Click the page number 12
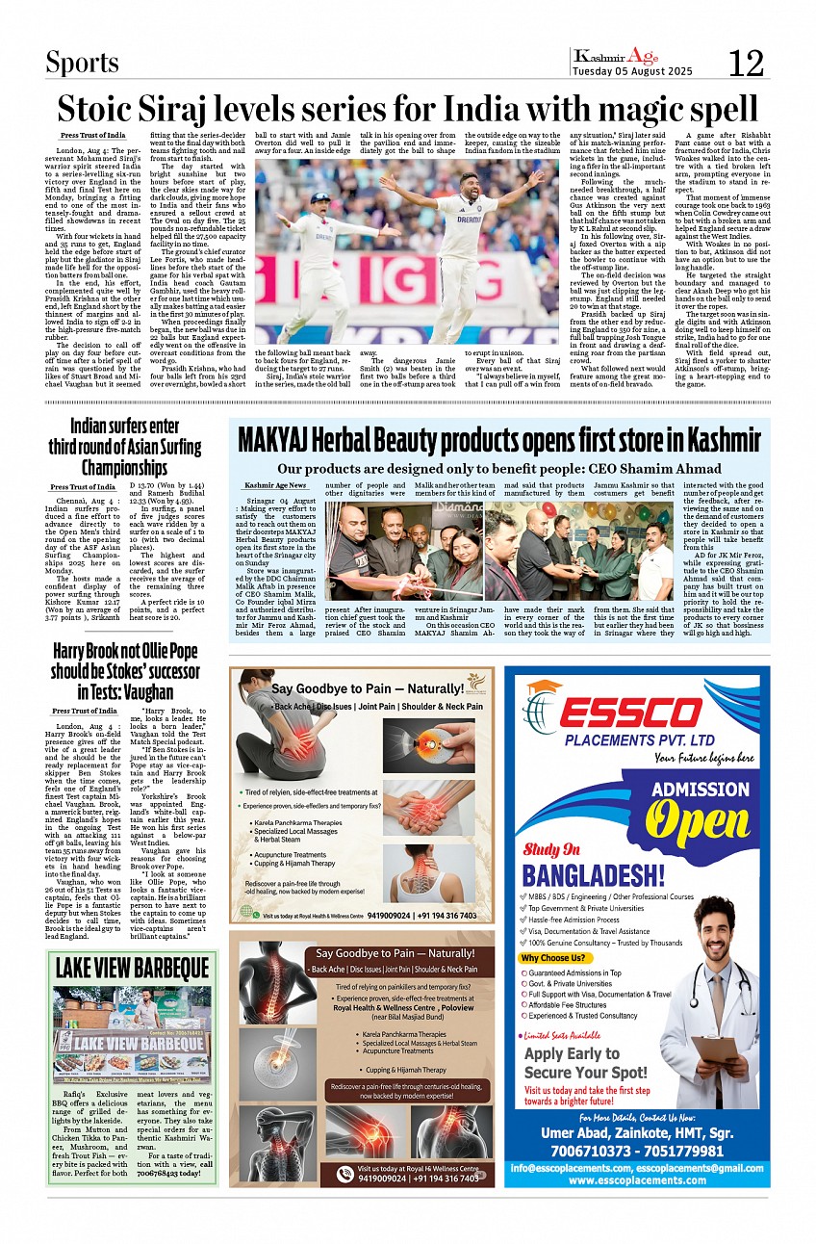[746, 64]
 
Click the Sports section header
[83, 64]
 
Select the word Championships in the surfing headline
[124, 468]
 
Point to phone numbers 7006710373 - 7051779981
[637, 1151]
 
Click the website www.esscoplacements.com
[637, 1179]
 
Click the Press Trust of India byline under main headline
[92, 136]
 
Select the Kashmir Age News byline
[275, 485]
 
